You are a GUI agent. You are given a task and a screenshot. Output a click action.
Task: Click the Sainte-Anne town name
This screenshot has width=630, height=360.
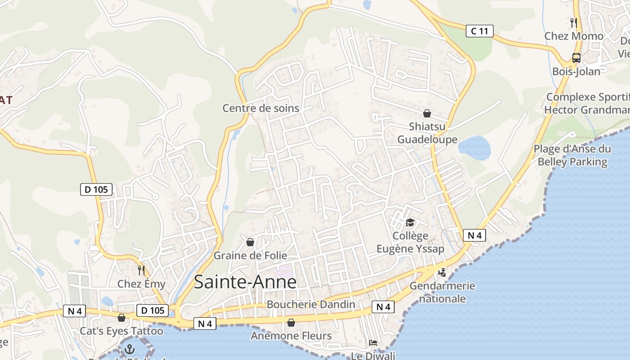[245, 282]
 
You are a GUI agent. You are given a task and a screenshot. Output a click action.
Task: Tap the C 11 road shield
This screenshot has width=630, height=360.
[479, 31]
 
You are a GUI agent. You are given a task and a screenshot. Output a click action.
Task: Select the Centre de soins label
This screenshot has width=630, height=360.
[261, 108]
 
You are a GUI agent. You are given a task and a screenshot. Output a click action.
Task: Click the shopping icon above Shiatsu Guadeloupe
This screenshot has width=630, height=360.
[427, 113]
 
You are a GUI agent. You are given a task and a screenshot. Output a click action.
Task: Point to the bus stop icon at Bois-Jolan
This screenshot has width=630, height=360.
[576, 58]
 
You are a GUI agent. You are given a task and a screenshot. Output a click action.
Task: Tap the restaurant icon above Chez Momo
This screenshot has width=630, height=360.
[573, 22]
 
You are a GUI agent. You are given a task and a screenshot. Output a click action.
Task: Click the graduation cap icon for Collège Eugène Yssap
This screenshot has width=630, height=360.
[410, 223]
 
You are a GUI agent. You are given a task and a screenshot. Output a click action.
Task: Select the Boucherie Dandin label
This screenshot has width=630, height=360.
[311, 304]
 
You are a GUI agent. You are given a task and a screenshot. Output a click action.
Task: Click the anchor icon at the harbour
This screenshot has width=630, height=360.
[130, 349]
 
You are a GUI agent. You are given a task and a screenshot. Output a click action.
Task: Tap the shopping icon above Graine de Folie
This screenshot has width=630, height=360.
[250, 243]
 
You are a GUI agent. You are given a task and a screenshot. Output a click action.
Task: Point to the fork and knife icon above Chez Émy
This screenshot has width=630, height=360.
[141, 270]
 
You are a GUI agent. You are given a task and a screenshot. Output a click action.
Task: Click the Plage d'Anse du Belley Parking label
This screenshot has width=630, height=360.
[572, 155]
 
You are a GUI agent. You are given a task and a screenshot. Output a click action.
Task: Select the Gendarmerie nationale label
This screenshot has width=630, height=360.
[442, 292]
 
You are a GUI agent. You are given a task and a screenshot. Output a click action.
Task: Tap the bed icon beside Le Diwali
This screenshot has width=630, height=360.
[373, 343]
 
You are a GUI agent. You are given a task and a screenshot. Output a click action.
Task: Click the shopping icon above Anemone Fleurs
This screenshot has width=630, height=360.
[291, 323]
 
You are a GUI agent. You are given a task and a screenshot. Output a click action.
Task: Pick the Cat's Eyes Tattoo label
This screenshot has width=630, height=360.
[121, 331]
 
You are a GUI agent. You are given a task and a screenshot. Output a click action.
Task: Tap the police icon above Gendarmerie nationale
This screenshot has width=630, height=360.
[442, 272]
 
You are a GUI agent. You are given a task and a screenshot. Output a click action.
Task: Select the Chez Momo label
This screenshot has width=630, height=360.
[574, 36]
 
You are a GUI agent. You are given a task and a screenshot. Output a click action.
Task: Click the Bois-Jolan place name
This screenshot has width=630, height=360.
[576, 72]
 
